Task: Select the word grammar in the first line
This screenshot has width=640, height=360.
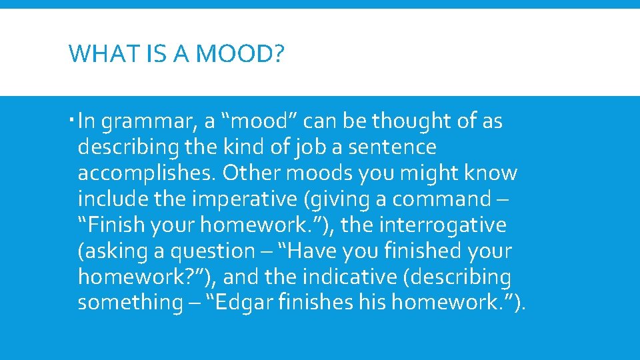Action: [149, 122]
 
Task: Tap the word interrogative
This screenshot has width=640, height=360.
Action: [443, 225]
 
